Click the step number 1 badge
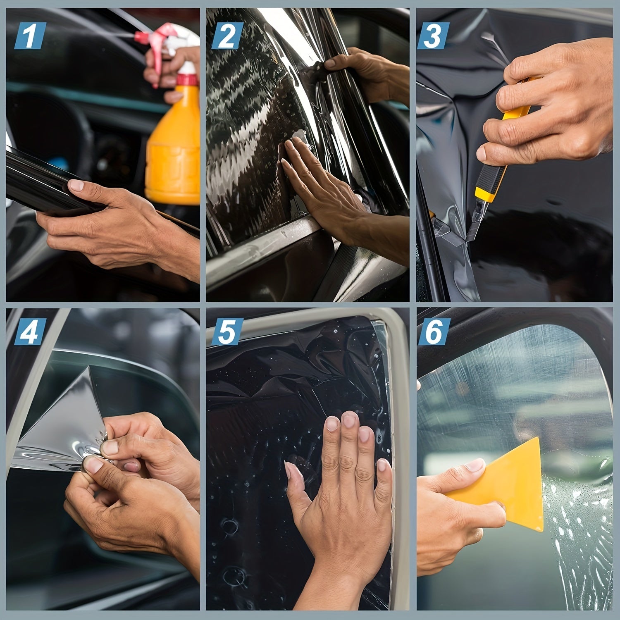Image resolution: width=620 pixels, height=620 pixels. click(x=30, y=36)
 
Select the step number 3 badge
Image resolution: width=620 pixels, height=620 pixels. click(x=433, y=36)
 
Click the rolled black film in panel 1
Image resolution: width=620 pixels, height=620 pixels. click(x=37, y=182)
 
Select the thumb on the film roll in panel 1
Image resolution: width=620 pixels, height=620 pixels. click(x=83, y=188)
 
